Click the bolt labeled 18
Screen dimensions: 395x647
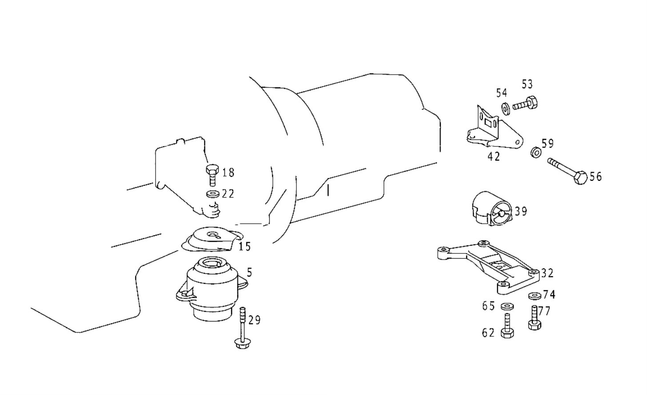[212, 174]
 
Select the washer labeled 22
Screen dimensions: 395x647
[213, 194]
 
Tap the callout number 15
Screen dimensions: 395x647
[244, 246]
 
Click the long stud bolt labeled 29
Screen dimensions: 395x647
[242, 328]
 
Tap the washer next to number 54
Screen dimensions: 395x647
[506, 108]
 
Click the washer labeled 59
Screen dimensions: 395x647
[535, 152]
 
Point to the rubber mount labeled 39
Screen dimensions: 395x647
[491, 209]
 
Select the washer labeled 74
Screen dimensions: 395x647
[534, 296]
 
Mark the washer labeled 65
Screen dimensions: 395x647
[506, 306]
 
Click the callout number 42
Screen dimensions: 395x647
[494, 157]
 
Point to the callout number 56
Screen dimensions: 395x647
[595, 177]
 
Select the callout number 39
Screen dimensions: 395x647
[521, 211]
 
